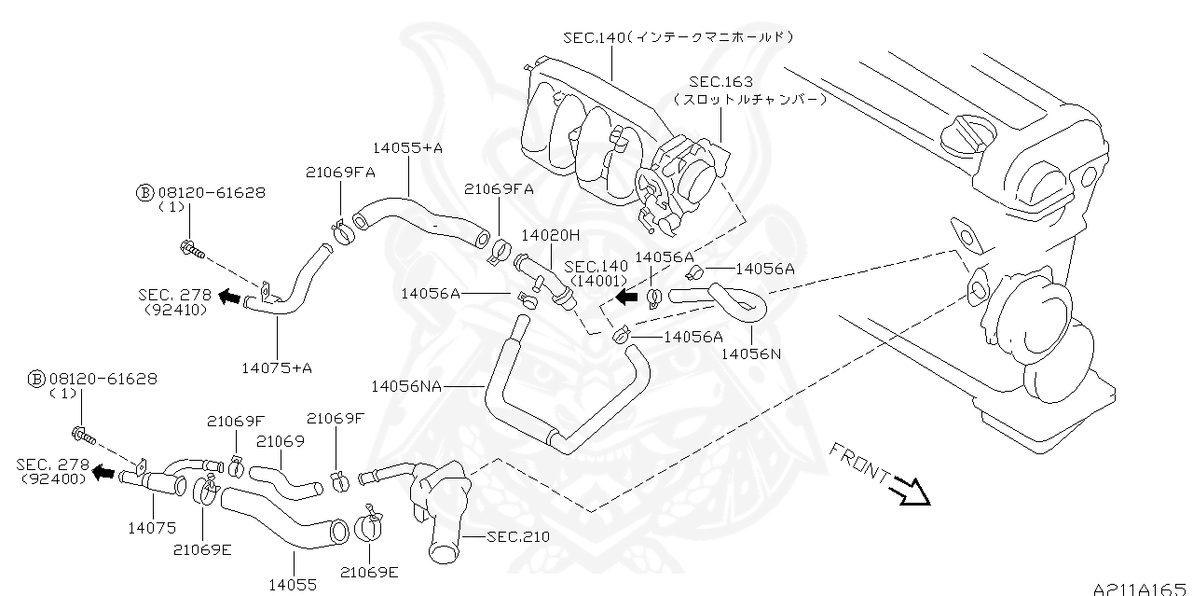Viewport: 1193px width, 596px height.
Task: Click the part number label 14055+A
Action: (x=408, y=147)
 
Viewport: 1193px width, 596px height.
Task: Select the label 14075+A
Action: (x=277, y=367)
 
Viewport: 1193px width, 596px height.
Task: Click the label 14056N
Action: (x=750, y=353)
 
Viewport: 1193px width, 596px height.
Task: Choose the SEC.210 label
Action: (x=518, y=536)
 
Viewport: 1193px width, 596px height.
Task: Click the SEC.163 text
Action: (x=720, y=82)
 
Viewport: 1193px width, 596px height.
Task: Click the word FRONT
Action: (x=859, y=462)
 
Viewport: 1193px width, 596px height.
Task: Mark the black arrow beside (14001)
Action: (x=627, y=296)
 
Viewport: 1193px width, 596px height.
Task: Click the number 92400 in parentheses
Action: (x=53, y=478)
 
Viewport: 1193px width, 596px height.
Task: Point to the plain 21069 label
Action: (x=281, y=441)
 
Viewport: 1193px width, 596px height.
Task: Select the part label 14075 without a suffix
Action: (x=152, y=527)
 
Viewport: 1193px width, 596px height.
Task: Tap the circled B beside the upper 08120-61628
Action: (x=144, y=193)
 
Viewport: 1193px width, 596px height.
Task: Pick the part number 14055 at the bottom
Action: (x=293, y=585)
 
